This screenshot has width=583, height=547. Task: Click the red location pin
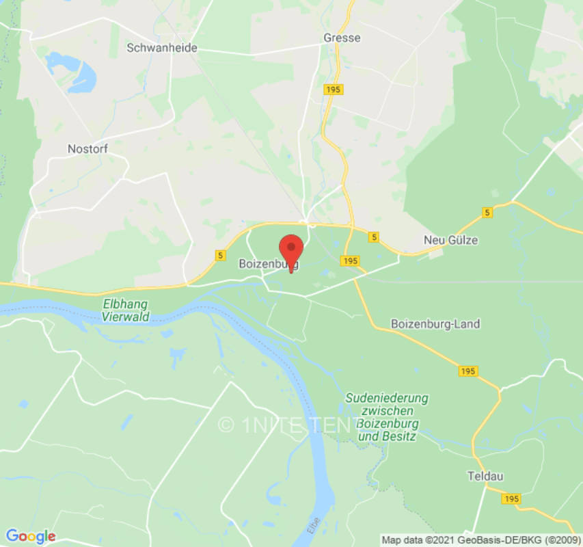292,251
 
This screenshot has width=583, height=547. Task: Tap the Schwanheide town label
162,48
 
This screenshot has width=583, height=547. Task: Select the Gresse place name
342,38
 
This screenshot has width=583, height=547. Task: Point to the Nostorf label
87,148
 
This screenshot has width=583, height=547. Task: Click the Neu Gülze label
451,240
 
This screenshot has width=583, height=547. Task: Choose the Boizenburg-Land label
435,323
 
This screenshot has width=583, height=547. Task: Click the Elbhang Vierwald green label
126,310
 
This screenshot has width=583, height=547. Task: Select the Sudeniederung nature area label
387,416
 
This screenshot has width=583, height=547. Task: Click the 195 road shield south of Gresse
334,90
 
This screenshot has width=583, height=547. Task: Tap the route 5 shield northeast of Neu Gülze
487,213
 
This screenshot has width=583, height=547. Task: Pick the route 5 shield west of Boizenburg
219,255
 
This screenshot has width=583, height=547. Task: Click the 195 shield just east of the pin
351,261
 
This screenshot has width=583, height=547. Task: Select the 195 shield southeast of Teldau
511,499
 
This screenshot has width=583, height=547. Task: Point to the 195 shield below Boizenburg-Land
467,371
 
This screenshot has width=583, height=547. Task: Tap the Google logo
30,536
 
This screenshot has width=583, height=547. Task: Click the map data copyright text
479,539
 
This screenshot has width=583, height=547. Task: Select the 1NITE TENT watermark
287,425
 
